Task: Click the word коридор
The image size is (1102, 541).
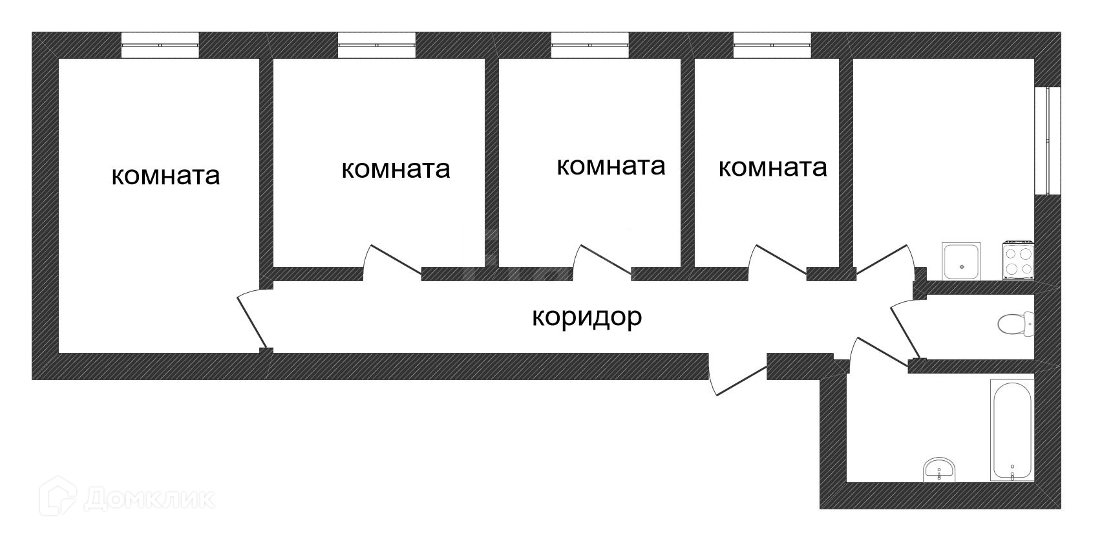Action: [587, 317]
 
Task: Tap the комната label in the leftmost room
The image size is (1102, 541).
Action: [165, 176]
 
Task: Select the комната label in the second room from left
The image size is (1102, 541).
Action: [396, 169]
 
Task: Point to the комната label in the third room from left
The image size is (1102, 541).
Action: [611, 166]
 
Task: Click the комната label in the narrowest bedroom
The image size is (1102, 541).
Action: [772, 168]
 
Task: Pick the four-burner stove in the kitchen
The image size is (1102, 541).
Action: [1019, 261]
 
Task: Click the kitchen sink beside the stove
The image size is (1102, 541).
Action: [962, 261]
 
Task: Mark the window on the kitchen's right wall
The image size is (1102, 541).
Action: [1047, 140]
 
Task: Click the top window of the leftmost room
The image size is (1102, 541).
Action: [160, 45]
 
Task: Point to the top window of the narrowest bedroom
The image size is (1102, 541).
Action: [772, 45]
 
